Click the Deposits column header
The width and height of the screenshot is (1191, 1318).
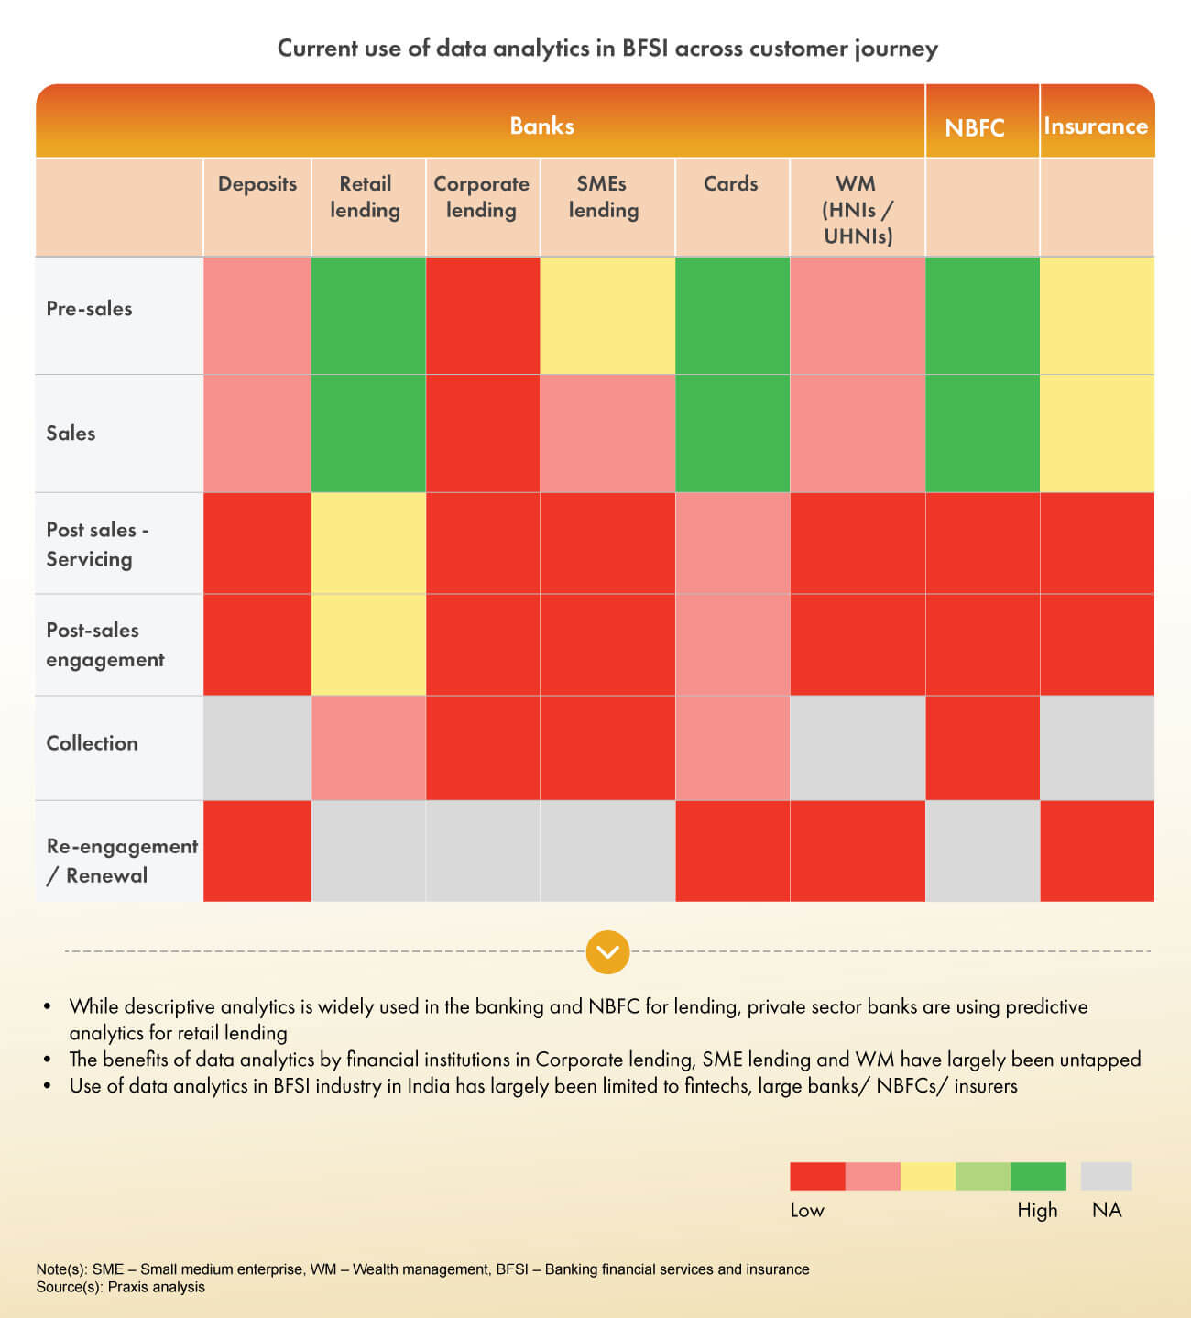click(257, 184)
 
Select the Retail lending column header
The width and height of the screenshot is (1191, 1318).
click(366, 197)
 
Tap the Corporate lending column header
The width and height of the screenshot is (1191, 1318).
click(482, 197)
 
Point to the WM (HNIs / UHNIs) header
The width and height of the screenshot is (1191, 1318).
click(857, 210)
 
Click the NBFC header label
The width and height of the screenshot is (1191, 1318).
click(975, 127)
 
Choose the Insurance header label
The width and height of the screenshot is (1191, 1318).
click(1096, 126)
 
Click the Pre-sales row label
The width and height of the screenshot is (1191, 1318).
click(90, 309)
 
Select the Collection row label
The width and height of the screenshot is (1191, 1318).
click(93, 743)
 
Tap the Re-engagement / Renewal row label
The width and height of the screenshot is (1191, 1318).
click(122, 861)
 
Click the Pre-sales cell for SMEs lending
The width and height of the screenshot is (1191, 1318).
click(607, 315)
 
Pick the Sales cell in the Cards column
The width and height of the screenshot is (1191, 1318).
click(732, 434)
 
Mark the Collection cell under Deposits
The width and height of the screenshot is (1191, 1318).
click(257, 748)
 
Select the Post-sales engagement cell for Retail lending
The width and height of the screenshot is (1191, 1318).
click(368, 644)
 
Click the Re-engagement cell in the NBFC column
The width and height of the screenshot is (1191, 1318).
click(982, 851)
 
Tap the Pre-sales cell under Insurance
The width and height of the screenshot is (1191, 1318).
click(1097, 315)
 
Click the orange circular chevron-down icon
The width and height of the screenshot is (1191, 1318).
click(608, 952)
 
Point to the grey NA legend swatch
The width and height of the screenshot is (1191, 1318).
click(1106, 1176)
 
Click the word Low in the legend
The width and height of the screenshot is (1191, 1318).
click(807, 1210)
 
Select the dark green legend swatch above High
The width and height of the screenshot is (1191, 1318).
click(1038, 1176)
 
